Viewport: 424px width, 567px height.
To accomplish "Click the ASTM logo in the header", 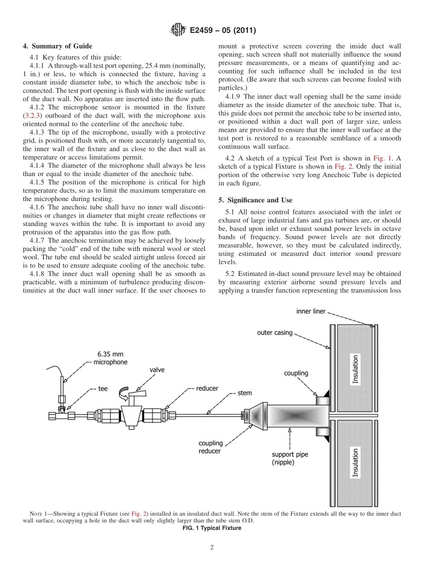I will point(177,30).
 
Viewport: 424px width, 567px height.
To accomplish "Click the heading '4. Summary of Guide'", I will point(58,46).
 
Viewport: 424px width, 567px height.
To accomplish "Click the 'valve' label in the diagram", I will point(157,370).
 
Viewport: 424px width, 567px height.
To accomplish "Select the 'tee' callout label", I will point(103,389).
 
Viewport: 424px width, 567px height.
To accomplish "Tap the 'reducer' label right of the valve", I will point(207,388).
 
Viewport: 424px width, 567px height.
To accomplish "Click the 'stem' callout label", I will point(245,393).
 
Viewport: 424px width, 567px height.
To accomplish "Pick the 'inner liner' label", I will point(311,311).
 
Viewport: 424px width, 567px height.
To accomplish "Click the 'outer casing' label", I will point(274,333).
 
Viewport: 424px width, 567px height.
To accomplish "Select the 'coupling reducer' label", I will point(210,447).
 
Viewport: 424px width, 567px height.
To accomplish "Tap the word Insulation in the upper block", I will point(356,369).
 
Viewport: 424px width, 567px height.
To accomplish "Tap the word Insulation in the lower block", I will point(356,463).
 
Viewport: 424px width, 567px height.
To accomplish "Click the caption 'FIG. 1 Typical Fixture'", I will point(212,528).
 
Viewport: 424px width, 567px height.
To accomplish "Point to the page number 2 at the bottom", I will point(212,547).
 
